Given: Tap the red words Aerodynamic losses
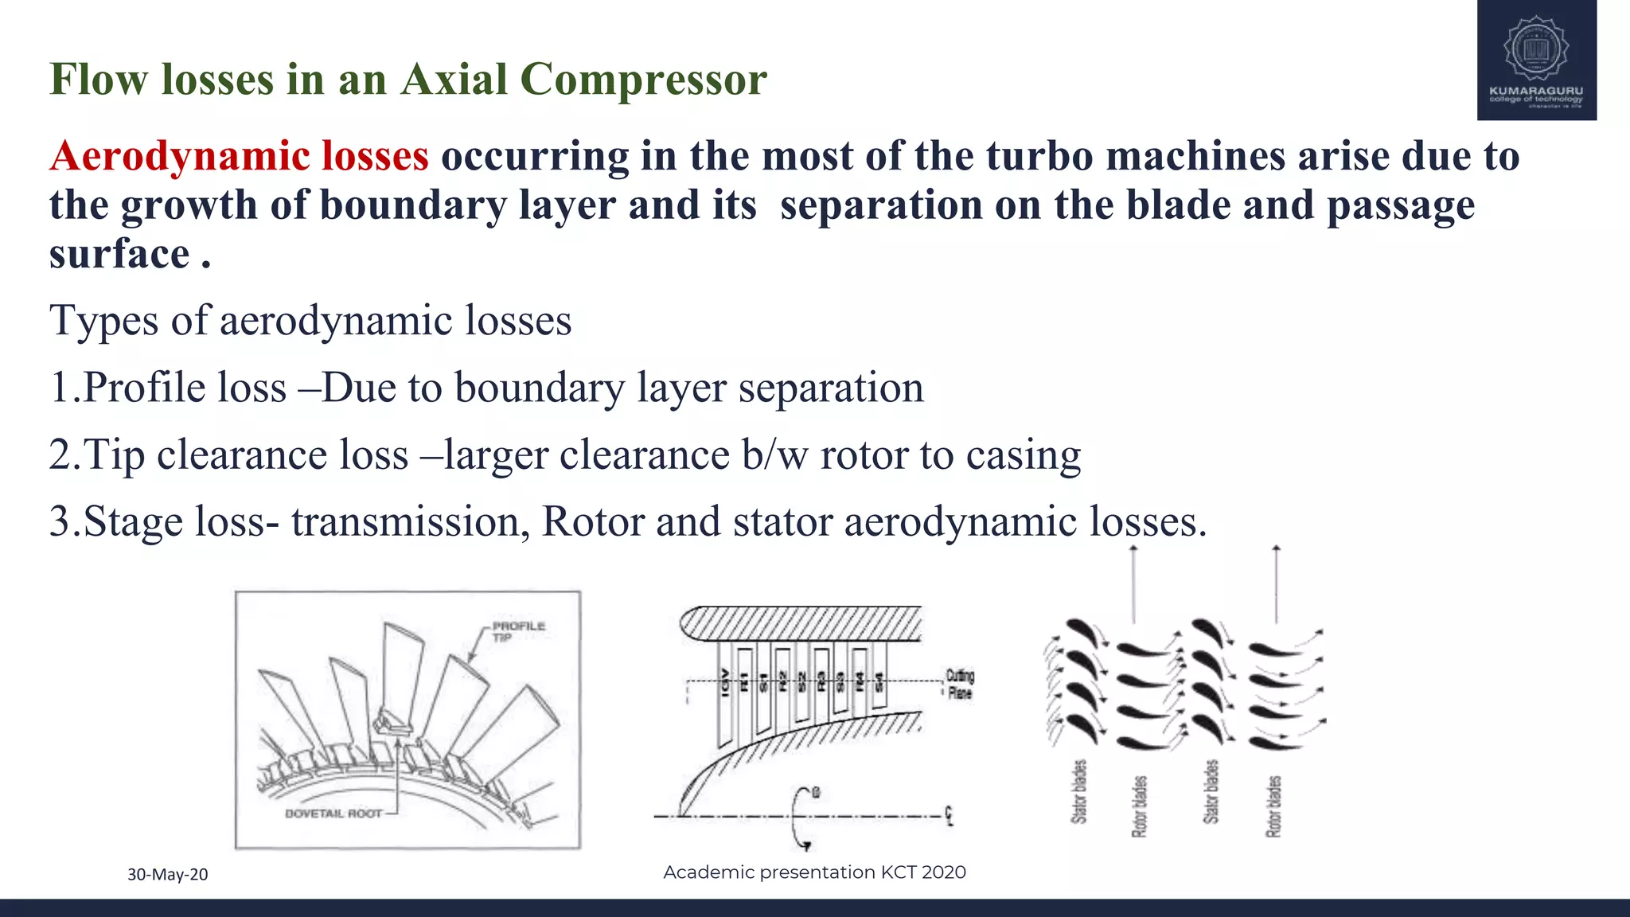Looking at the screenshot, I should pyautogui.click(x=240, y=155).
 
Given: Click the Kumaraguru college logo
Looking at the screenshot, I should pyautogui.click(x=1536, y=60).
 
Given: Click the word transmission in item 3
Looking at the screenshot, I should pyautogui.click(x=405, y=522).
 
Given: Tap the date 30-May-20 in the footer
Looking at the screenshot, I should pyautogui.click(x=168, y=874).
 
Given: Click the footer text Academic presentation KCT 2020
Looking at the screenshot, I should pyautogui.click(x=814, y=872).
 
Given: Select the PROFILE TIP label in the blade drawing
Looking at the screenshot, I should pyautogui.click(x=518, y=631).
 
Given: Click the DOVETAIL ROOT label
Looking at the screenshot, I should pyautogui.click(x=333, y=814).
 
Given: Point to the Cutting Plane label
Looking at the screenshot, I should pyautogui.click(x=960, y=685).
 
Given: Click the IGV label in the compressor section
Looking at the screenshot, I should pyautogui.click(x=724, y=682).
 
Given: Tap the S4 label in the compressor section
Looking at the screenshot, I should pyautogui.click(x=879, y=682).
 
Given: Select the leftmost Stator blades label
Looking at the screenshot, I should pyautogui.click(x=1078, y=792).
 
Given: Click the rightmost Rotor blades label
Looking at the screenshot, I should pyautogui.click(x=1273, y=806).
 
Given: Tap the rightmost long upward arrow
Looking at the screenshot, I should pyautogui.click(x=1276, y=585).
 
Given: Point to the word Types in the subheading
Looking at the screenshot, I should pyautogui.click(x=103, y=321).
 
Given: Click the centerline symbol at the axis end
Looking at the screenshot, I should pyautogui.click(x=949, y=816).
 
